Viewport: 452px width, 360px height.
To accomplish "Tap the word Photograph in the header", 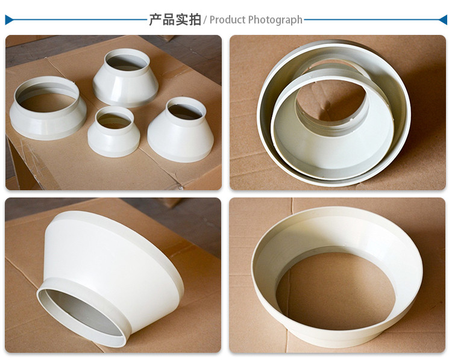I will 275,20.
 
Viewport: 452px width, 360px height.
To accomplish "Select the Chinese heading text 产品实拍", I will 175,19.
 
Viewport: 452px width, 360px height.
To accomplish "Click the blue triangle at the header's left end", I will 8,20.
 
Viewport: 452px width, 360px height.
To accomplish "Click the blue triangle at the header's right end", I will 443,20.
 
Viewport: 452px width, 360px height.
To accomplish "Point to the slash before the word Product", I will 205,20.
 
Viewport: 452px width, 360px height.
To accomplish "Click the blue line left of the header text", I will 78,20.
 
